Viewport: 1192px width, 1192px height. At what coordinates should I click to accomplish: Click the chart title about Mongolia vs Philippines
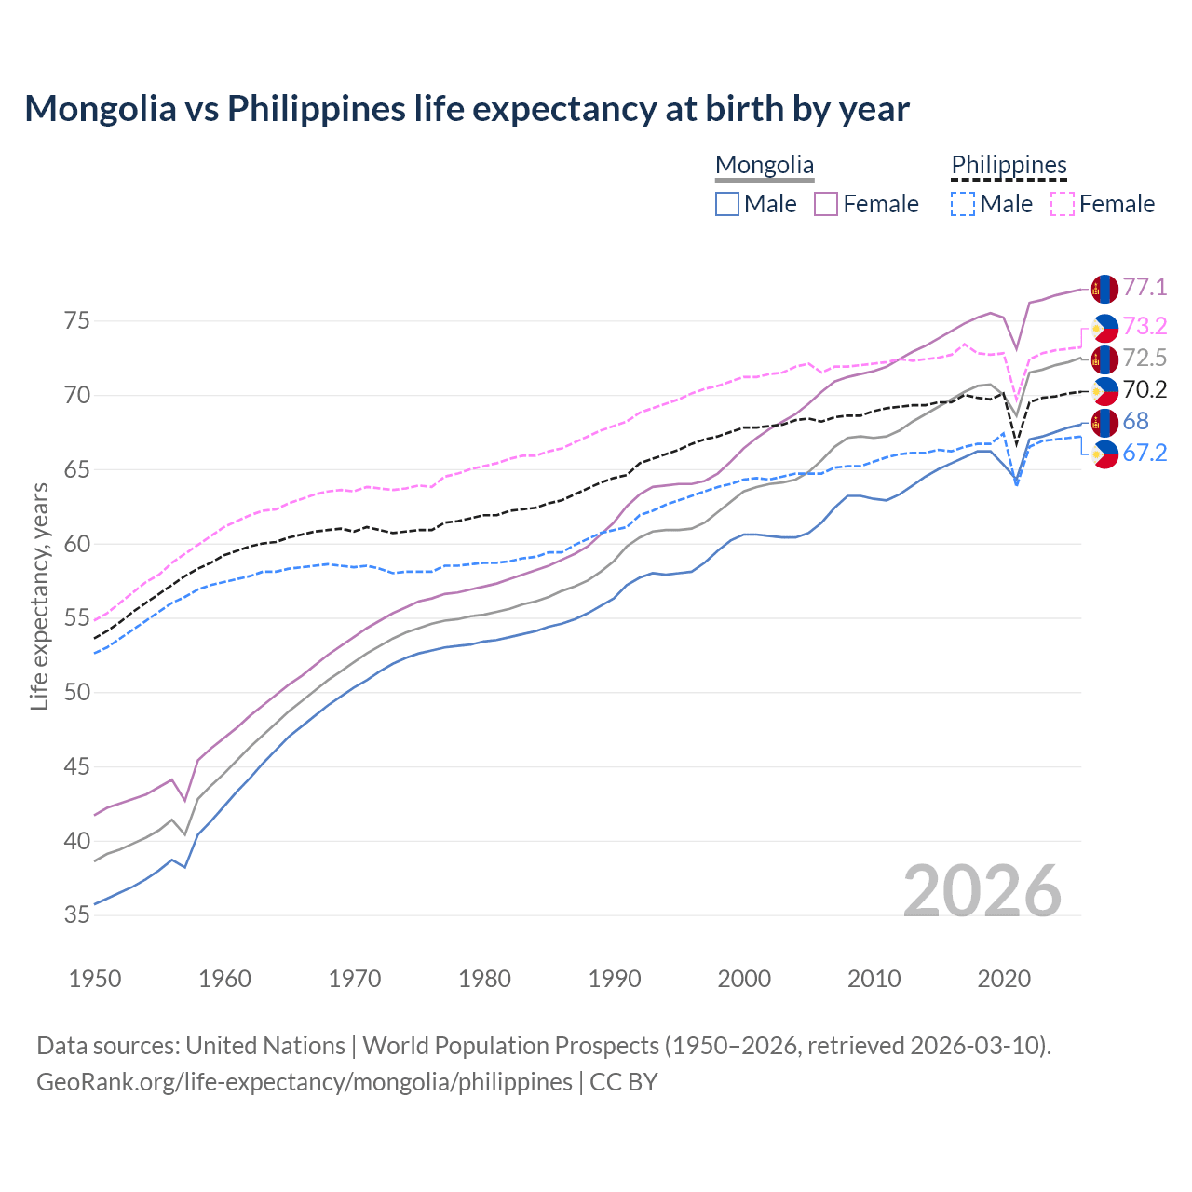click(467, 109)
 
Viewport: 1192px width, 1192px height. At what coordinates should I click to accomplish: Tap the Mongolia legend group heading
click(765, 166)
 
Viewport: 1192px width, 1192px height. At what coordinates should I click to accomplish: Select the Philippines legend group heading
click(1009, 166)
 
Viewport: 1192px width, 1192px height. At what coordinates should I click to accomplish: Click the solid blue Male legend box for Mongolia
click(727, 204)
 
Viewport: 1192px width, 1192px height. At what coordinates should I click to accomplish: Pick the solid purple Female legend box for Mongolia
click(827, 204)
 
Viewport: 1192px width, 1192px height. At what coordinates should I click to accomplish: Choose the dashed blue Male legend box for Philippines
click(963, 204)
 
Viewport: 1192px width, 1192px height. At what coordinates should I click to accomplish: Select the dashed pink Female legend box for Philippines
click(1063, 204)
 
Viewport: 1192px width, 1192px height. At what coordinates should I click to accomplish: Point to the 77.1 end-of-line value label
click(1145, 288)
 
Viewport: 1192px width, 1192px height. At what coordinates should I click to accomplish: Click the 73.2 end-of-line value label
click(1145, 326)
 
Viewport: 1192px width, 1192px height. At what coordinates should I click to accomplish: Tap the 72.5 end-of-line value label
click(1145, 358)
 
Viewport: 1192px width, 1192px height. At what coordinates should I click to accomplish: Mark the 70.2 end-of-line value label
click(1145, 389)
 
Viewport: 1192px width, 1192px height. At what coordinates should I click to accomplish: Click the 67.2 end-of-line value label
click(1145, 453)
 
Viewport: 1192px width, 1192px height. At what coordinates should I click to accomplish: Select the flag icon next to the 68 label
click(1104, 422)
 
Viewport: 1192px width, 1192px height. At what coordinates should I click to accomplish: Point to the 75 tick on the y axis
click(77, 321)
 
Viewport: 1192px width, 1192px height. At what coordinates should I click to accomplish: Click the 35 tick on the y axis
click(77, 915)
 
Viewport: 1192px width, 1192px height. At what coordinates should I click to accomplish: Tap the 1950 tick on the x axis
click(95, 979)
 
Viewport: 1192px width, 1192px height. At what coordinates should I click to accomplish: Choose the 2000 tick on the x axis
click(744, 979)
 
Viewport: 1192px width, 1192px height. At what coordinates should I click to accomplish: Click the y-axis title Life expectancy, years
click(39, 596)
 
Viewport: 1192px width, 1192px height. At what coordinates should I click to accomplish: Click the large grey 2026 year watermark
click(982, 891)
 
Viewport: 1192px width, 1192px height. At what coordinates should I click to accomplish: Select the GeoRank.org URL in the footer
click(305, 1082)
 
